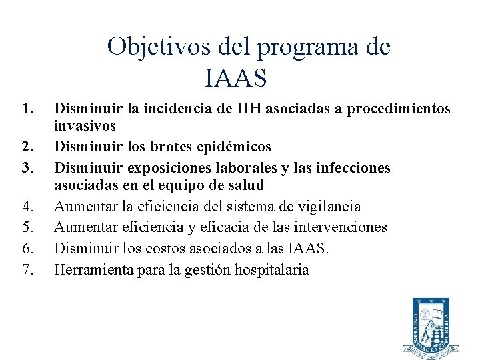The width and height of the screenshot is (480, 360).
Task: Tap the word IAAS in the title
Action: (237, 78)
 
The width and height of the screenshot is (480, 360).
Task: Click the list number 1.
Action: (26, 108)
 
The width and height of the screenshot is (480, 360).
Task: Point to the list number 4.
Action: (26, 207)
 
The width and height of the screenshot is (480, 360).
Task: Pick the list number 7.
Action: (26, 270)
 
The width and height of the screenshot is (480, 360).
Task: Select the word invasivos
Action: (85, 126)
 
